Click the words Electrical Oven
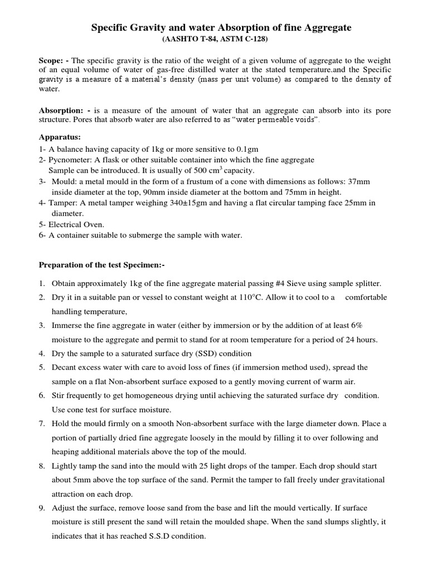point(76,224)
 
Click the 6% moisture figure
point(357,326)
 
